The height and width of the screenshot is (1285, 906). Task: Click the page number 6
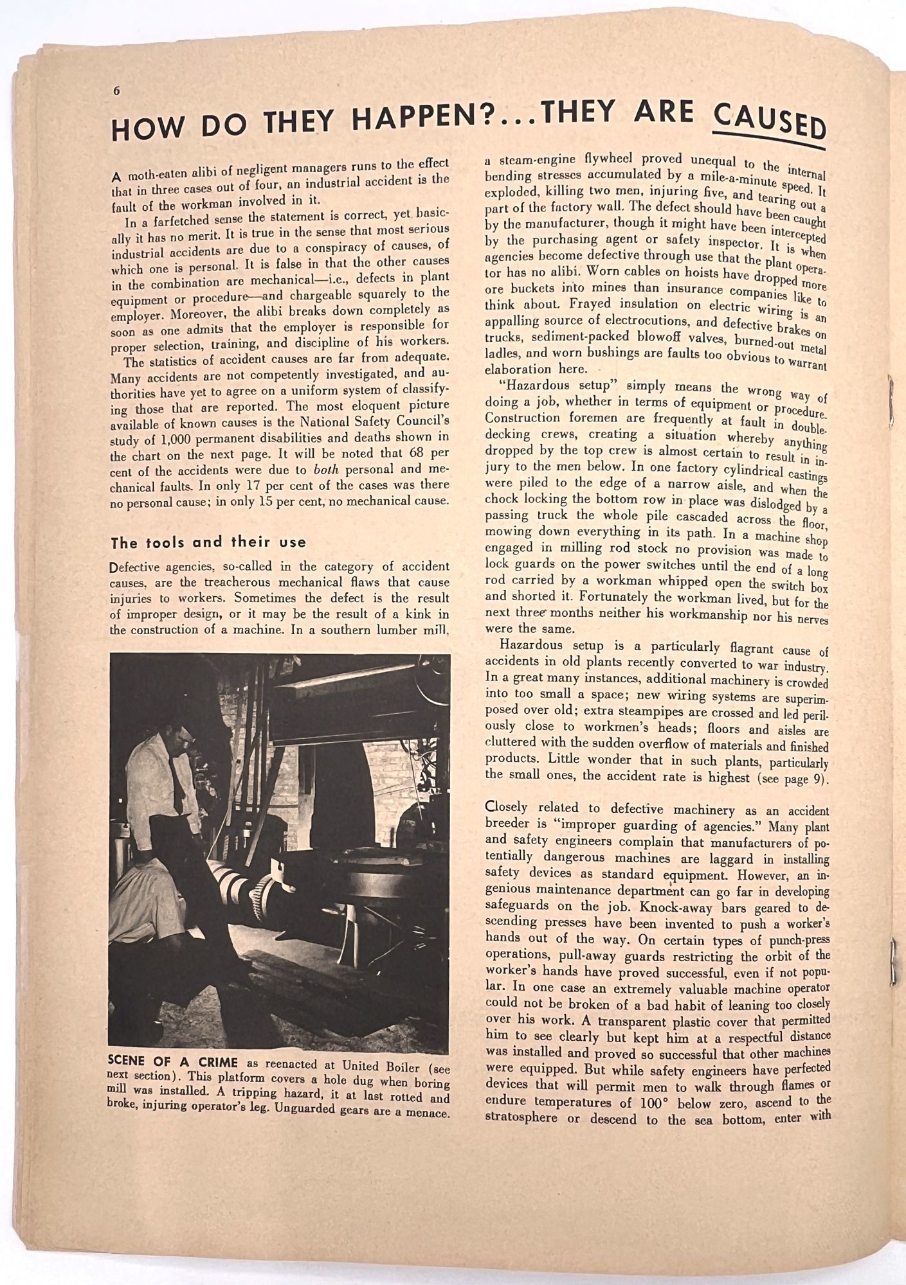(117, 91)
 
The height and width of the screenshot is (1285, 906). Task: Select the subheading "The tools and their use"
(208, 543)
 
